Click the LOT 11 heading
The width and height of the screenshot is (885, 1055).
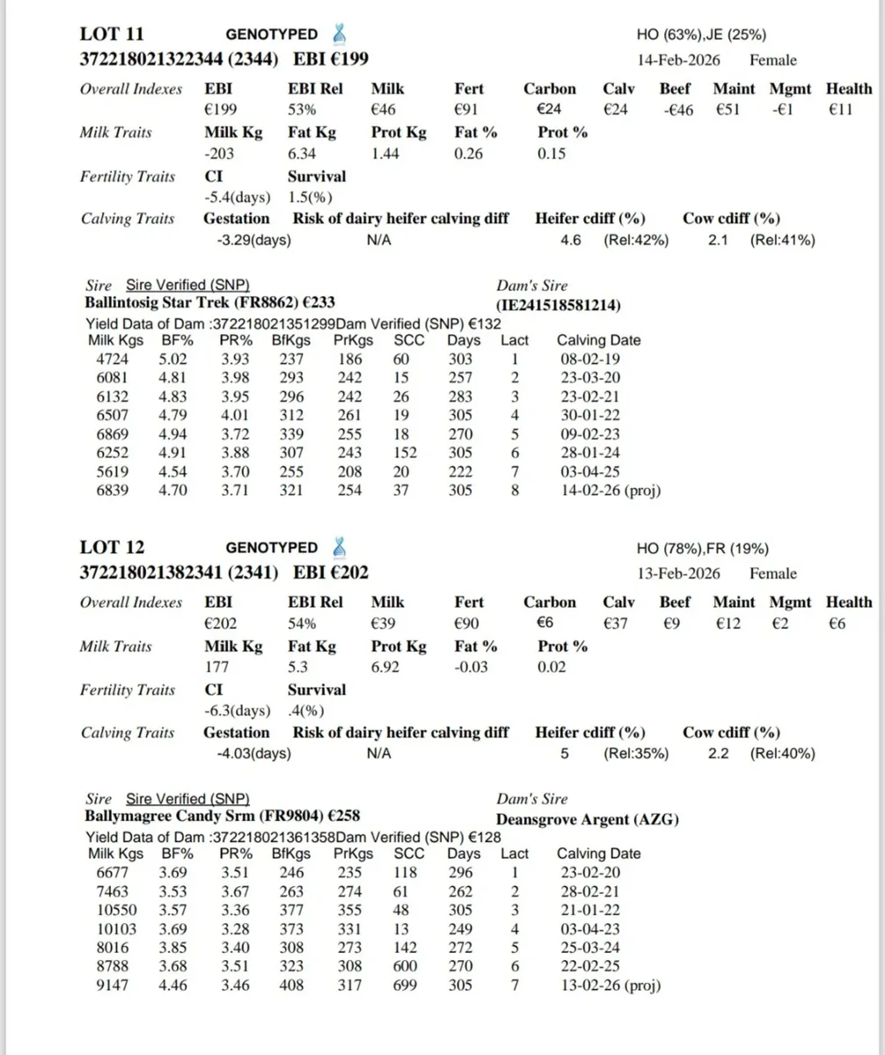pos(112,34)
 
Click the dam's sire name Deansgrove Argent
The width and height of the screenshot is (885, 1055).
pos(587,819)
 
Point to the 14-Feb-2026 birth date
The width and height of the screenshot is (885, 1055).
pos(678,60)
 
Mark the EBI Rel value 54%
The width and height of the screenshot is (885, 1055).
pos(304,623)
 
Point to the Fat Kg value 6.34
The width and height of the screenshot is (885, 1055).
pos(303,154)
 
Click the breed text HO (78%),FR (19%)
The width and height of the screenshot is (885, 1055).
pos(702,549)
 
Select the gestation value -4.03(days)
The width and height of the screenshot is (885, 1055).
pos(253,753)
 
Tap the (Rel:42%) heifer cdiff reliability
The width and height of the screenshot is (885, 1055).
pos(635,240)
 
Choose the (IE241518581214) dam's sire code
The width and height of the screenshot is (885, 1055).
pos(559,305)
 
